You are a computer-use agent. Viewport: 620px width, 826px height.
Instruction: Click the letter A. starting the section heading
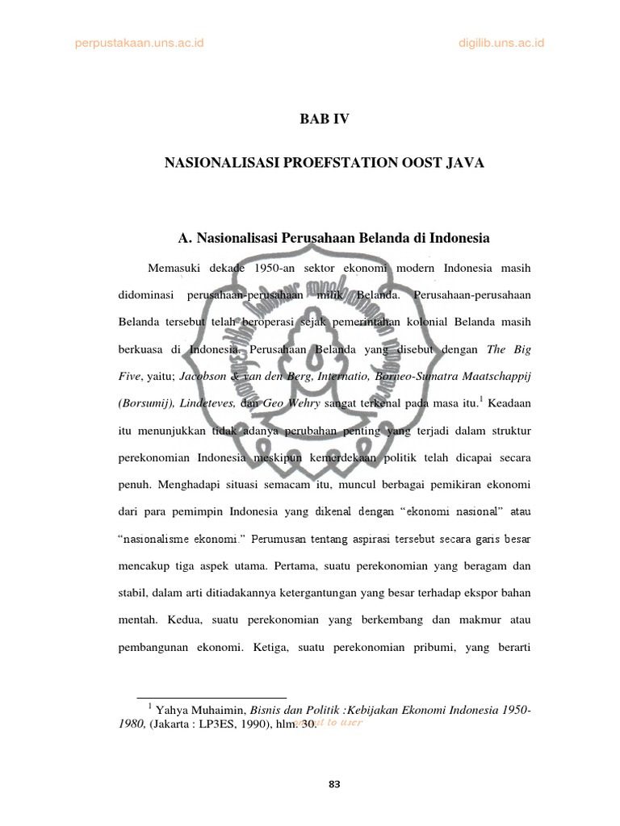tap(183, 239)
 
